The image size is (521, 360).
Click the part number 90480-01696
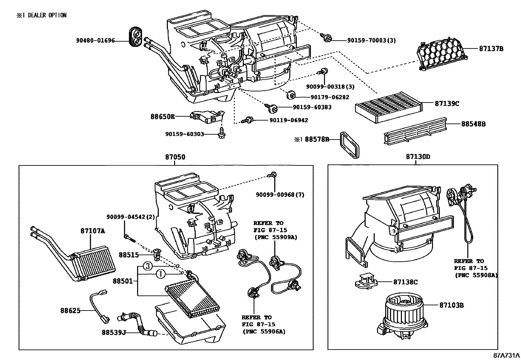pos(96,41)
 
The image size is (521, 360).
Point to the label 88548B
pos(473,124)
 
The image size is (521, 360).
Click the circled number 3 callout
pos(148,266)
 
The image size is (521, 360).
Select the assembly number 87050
pos(175,157)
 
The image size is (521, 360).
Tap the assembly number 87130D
pos(418,157)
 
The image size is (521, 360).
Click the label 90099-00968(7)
pos(280,195)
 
